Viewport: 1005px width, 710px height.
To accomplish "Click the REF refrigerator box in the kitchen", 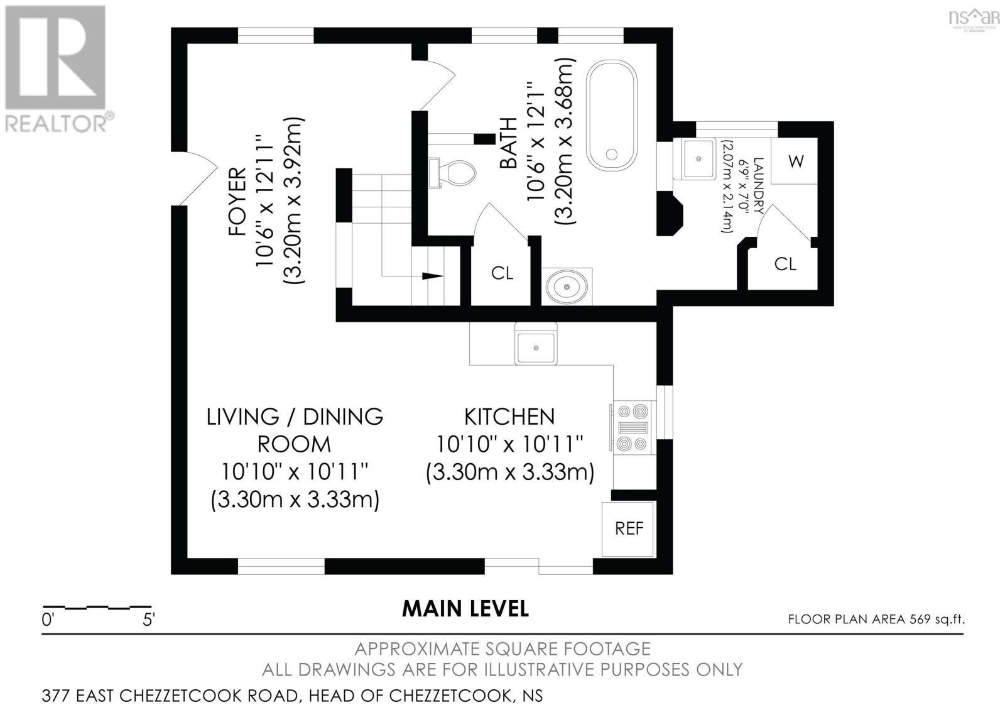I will pyautogui.click(x=629, y=528).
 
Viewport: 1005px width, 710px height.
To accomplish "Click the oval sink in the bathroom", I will pyautogui.click(x=567, y=287).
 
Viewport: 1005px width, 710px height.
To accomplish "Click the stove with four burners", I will pyautogui.click(x=633, y=427).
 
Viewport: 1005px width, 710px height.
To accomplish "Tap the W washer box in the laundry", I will pyautogui.click(x=795, y=161).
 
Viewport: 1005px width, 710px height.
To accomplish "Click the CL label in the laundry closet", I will pyautogui.click(x=785, y=264).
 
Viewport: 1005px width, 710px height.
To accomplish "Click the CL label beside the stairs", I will pyautogui.click(x=502, y=273).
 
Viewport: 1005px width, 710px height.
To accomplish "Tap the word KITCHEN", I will pyautogui.click(x=509, y=417).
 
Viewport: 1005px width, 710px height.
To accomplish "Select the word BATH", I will pyautogui.click(x=509, y=143).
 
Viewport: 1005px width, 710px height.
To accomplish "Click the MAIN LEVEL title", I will pyautogui.click(x=465, y=608).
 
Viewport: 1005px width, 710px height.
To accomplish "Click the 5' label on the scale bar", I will pyautogui.click(x=148, y=620).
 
